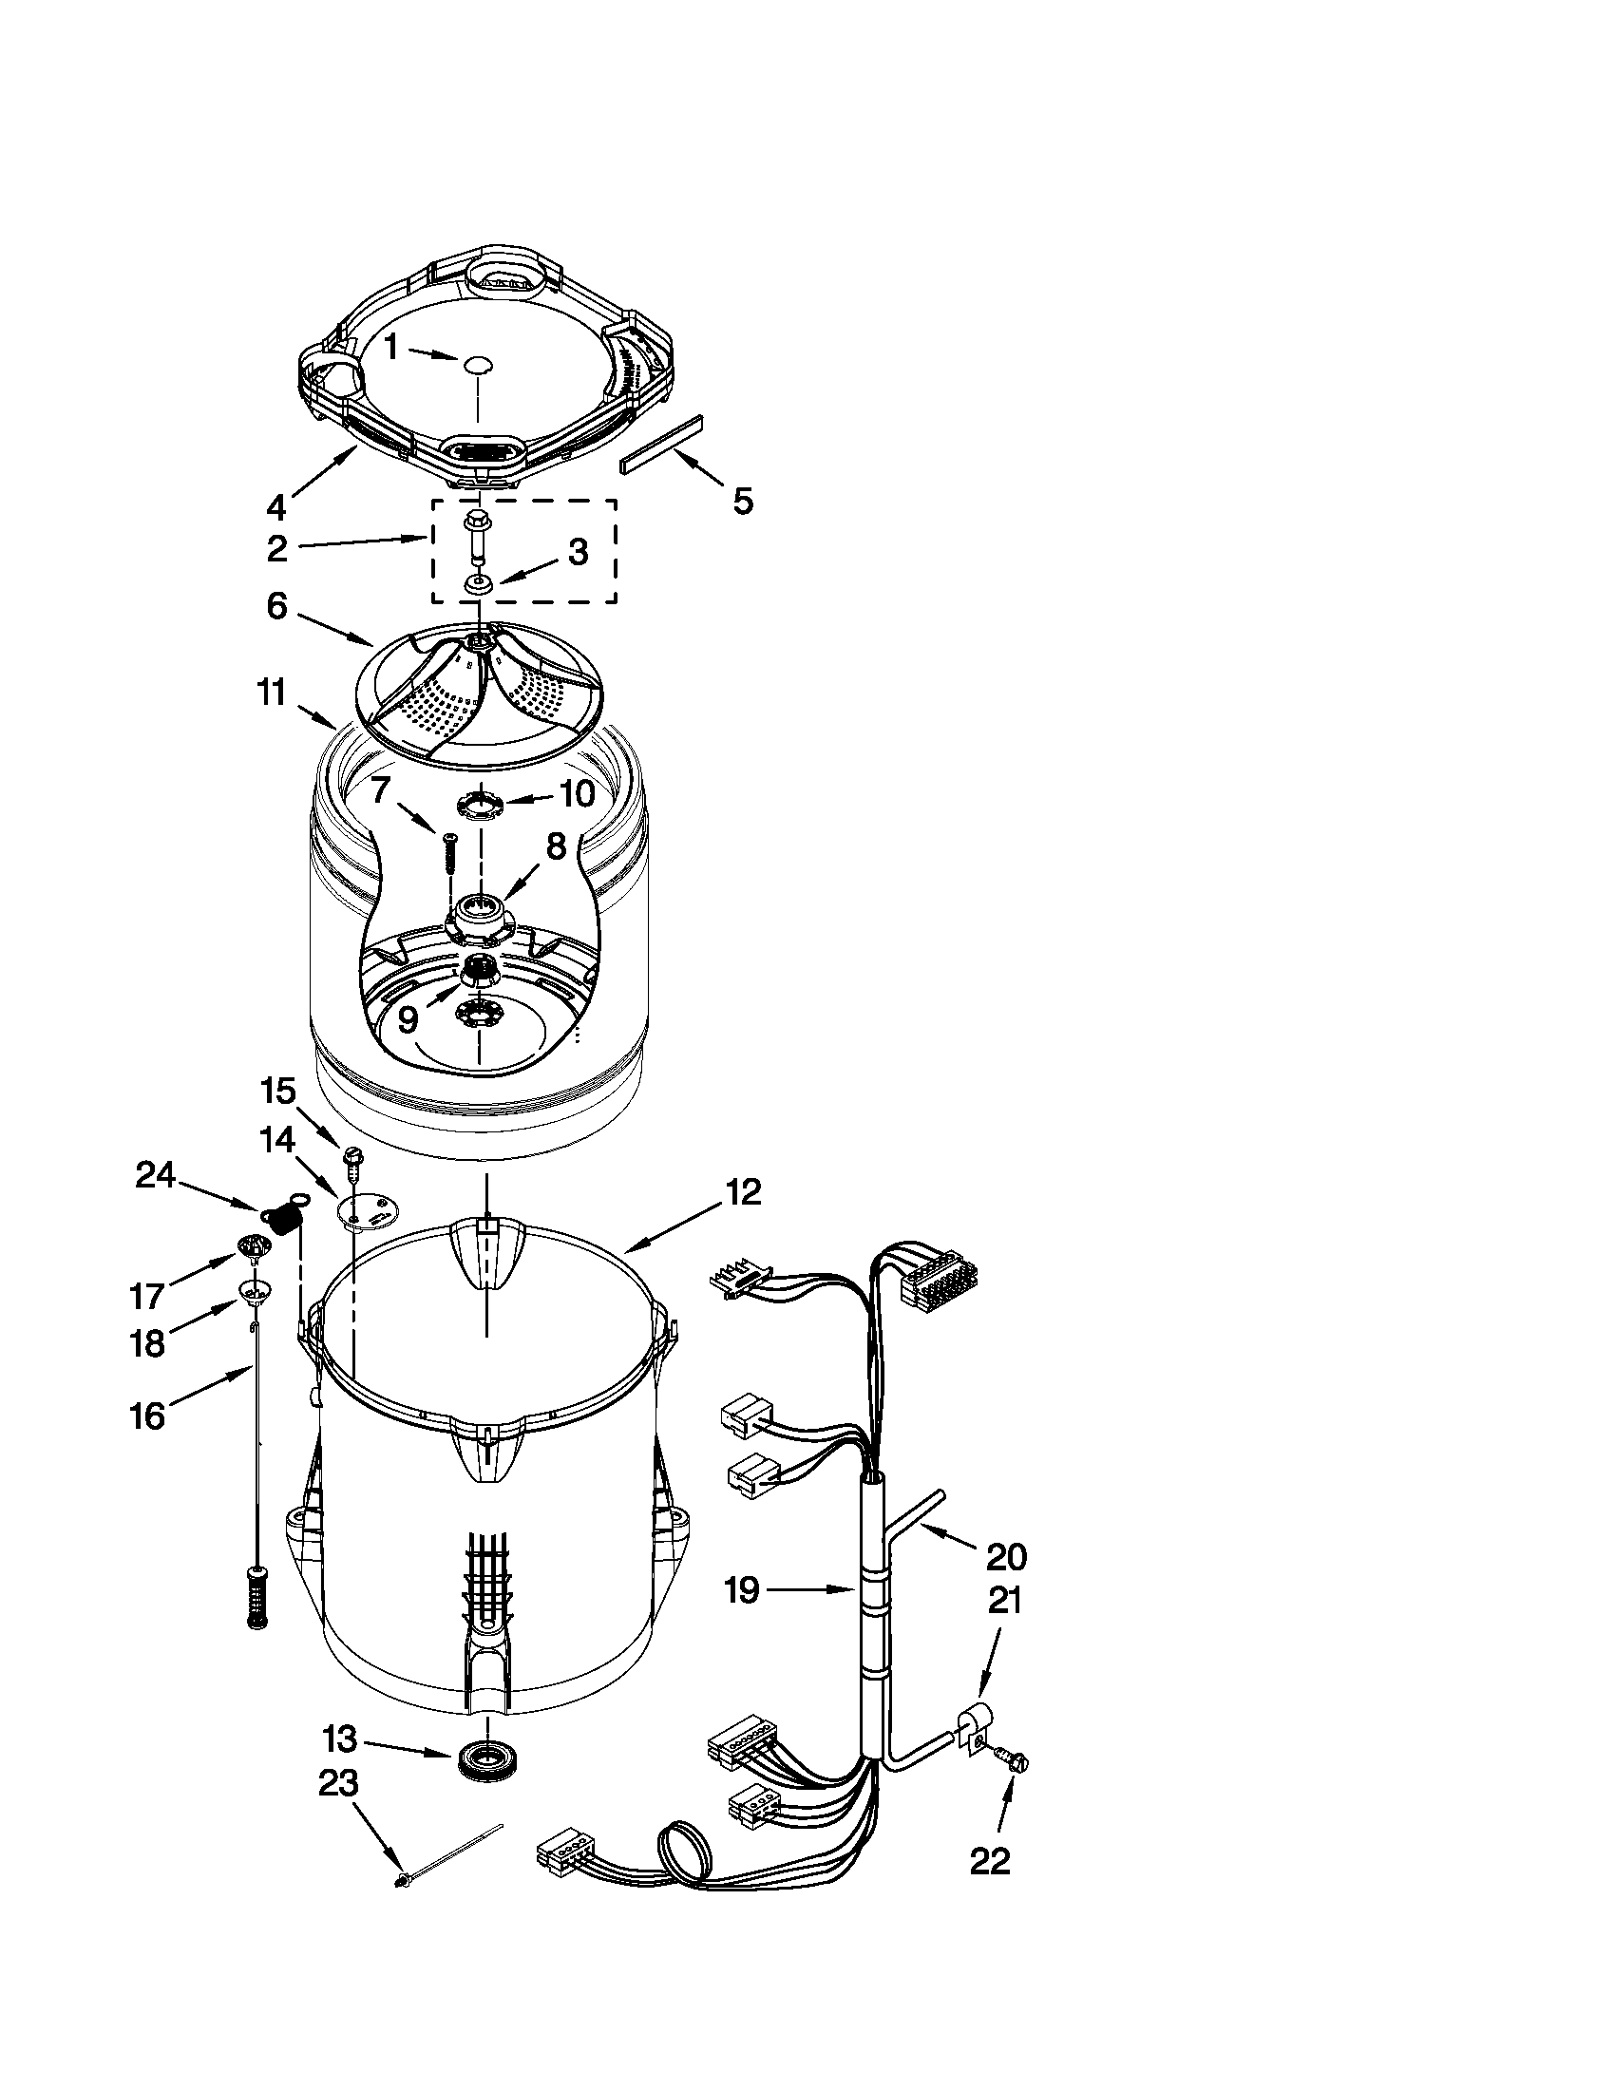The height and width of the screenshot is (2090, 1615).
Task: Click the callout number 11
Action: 272,693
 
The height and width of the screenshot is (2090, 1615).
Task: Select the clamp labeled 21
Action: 973,1730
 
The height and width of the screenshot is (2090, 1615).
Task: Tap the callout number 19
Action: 742,1590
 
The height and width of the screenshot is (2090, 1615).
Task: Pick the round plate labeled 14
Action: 369,1209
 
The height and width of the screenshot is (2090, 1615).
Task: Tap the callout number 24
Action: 155,1174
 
